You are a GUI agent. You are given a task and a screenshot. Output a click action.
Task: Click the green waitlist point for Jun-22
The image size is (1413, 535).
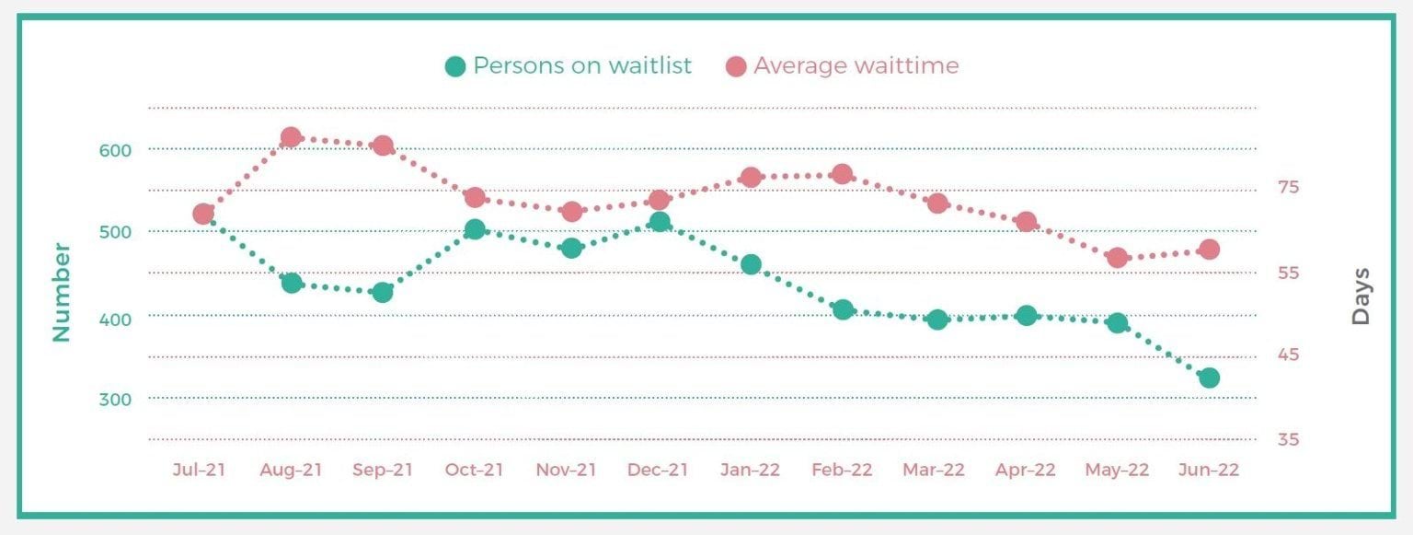click(1209, 378)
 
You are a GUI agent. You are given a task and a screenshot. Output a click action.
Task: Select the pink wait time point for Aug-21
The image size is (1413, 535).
click(291, 138)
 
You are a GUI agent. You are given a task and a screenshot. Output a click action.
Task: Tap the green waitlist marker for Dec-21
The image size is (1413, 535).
click(660, 223)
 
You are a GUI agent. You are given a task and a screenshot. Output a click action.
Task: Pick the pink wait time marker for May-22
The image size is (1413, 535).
click(1118, 258)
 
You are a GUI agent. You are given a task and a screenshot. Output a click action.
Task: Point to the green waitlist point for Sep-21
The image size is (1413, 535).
click(383, 292)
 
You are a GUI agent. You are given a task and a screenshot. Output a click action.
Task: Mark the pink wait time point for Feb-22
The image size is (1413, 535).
click(842, 174)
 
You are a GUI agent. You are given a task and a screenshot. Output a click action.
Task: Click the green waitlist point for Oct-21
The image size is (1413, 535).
click(475, 230)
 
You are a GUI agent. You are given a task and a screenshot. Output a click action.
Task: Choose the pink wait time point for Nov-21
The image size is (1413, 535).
click(571, 212)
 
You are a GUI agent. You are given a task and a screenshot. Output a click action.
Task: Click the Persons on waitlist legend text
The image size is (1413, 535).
click(582, 66)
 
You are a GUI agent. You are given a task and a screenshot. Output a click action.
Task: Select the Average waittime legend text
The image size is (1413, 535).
click(856, 66)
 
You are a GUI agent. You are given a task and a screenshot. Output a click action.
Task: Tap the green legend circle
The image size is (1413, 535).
click(455, 66)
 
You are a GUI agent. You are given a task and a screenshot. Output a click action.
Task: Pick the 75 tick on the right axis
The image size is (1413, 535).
click(1288, 188)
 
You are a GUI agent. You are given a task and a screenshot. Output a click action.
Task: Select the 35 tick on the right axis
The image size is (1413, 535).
click(1288, 439)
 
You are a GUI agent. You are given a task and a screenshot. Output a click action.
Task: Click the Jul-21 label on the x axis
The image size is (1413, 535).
click(199, 470)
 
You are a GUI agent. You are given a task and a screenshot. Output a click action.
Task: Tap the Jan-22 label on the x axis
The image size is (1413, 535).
click(750, 470)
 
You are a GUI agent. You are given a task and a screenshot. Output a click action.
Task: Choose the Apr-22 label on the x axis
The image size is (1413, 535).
click(1026, 470)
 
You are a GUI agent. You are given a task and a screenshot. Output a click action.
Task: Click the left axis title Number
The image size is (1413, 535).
click(62, 292)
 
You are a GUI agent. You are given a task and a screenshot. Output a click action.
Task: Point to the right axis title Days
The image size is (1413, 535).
click(1361, 297)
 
